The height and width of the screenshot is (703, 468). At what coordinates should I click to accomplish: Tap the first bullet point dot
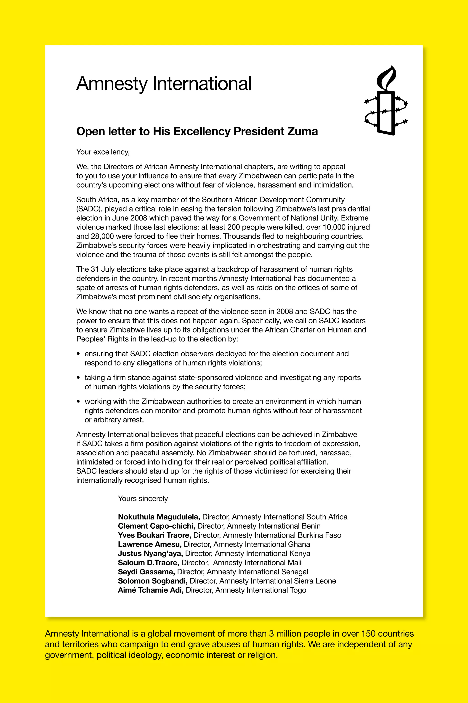click(79, 354)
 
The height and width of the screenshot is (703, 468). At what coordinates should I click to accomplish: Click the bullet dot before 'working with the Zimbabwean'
click(79, 402)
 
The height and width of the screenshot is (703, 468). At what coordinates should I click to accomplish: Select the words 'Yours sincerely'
click(143, 499)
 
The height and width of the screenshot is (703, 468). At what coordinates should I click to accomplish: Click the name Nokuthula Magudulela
click(159, 517)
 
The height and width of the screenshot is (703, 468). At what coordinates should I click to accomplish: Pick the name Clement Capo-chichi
click(156, 526)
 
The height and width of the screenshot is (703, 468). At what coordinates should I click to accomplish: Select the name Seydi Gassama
click(146, 572)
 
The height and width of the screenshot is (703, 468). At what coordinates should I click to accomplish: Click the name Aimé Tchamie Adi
click(150, 590)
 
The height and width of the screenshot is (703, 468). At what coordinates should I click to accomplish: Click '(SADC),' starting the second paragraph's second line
click(89, 209)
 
